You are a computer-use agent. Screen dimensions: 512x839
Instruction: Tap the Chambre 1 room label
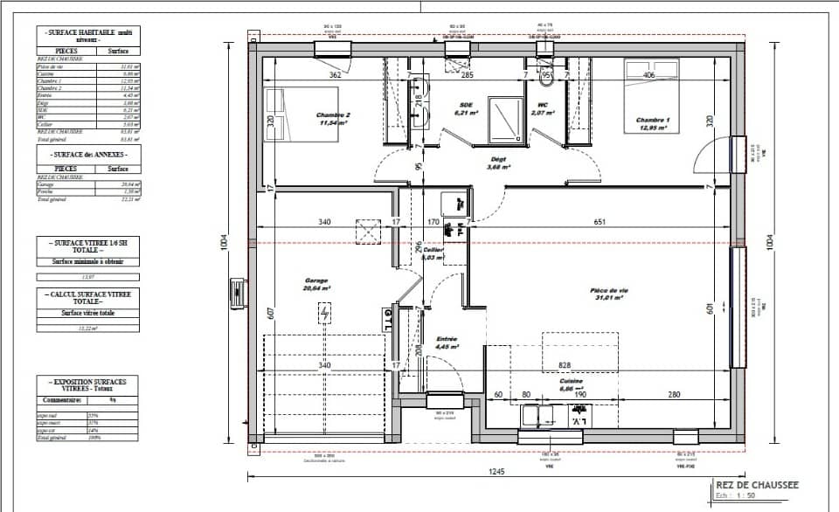652,120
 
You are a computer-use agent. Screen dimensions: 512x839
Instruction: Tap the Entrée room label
446,339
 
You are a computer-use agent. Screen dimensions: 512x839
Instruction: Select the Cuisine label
572,382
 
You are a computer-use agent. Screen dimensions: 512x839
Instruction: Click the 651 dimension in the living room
600,223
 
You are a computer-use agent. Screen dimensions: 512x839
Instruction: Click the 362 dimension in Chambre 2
335,75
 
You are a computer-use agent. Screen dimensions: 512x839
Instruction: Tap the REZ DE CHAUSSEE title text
757,483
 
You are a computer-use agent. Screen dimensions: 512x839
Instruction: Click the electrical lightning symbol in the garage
326,313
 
